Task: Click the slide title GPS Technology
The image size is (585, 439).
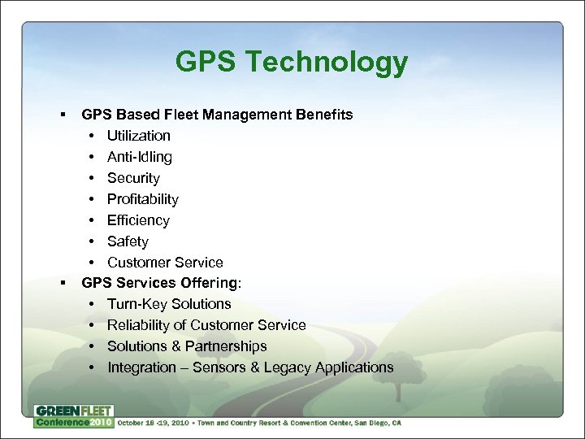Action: (x=292, y=63)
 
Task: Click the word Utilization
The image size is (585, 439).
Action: (x=139, y=136)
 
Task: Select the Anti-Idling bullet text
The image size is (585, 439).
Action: (x=140, y=157)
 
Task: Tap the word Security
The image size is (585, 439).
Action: (x=133, y=178)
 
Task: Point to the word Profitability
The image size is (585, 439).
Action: (x=143, y=199)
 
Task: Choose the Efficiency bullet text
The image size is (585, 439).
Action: (x=138, y=220)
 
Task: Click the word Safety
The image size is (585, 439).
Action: (x=128, y=241)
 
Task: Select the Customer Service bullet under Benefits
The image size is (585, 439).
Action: (x=165, y=263)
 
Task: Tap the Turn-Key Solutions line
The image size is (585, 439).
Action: (x=169, y=304)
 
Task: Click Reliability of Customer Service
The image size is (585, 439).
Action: (x=206, y=325)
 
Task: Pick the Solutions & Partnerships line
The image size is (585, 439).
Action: (x=187, y=346)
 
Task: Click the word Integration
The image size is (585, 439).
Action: (x=141, y=367)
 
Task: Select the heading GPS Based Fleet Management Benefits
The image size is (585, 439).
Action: (x=217, y=115)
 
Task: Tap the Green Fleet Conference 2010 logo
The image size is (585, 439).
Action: (x=74, y=416)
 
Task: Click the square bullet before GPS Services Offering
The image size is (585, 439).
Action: (x=63, y=283)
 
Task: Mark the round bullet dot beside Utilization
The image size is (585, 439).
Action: (x=93, y=136)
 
